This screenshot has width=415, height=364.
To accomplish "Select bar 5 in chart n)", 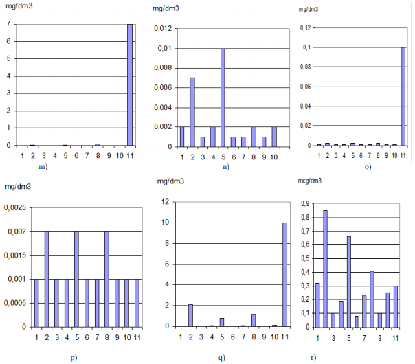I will coord(223,98).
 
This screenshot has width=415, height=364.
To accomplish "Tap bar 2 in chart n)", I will coord(193,112).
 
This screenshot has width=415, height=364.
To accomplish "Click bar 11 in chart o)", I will coord(404,96).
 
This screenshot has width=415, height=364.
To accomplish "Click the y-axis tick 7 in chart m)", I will coord(9,25).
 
